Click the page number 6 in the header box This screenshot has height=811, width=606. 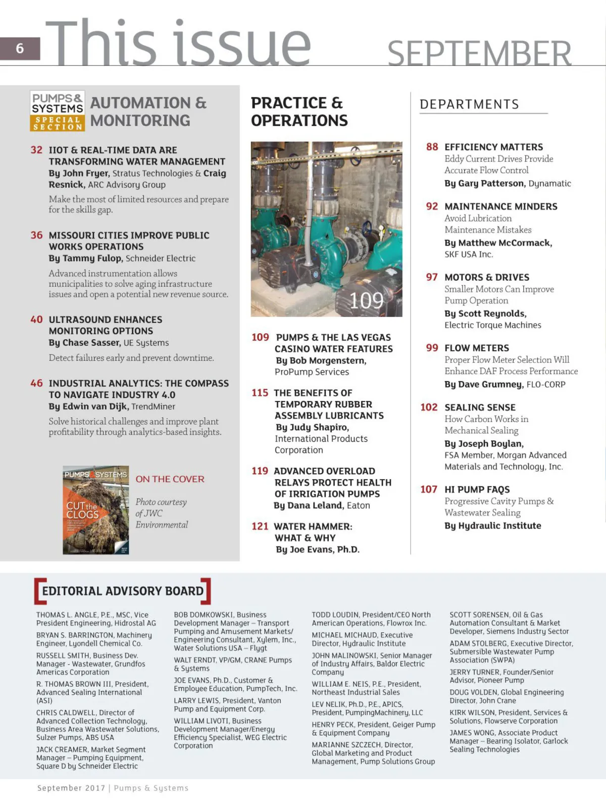[20, 48]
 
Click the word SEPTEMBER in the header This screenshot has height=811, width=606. [479, 54]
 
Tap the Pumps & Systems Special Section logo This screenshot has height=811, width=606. [57, 111]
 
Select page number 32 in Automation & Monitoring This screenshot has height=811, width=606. [36, 150]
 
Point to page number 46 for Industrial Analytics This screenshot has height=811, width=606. [36, 383]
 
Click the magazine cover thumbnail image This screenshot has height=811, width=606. [95, 510]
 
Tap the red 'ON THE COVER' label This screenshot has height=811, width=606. [170, 479]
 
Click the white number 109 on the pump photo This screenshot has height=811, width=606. [366, 301]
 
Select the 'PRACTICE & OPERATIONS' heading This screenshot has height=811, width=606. [299, 112]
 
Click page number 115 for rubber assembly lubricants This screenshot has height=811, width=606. [260, 393]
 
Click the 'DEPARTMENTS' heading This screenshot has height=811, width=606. [469, 105]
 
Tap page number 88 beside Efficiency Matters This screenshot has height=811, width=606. [432, 147]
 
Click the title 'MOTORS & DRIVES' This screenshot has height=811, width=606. [487, 277]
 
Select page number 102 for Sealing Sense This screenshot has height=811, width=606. [429, 408]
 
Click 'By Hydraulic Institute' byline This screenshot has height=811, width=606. [492, 526]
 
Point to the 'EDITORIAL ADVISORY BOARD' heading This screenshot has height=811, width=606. [122, 591]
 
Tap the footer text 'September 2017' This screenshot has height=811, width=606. [71, 788]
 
